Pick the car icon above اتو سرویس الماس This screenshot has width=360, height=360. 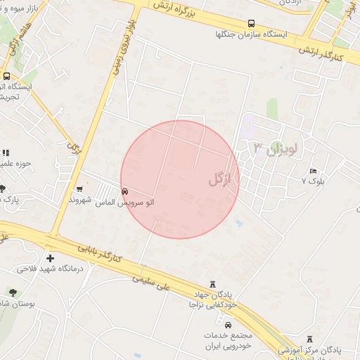point(125,191)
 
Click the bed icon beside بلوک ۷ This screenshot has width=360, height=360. point(313,171)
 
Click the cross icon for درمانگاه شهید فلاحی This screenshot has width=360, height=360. point(50,258)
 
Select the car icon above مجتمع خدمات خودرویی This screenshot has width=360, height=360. point(228,324)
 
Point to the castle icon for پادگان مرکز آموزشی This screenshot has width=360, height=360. point(311,338)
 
